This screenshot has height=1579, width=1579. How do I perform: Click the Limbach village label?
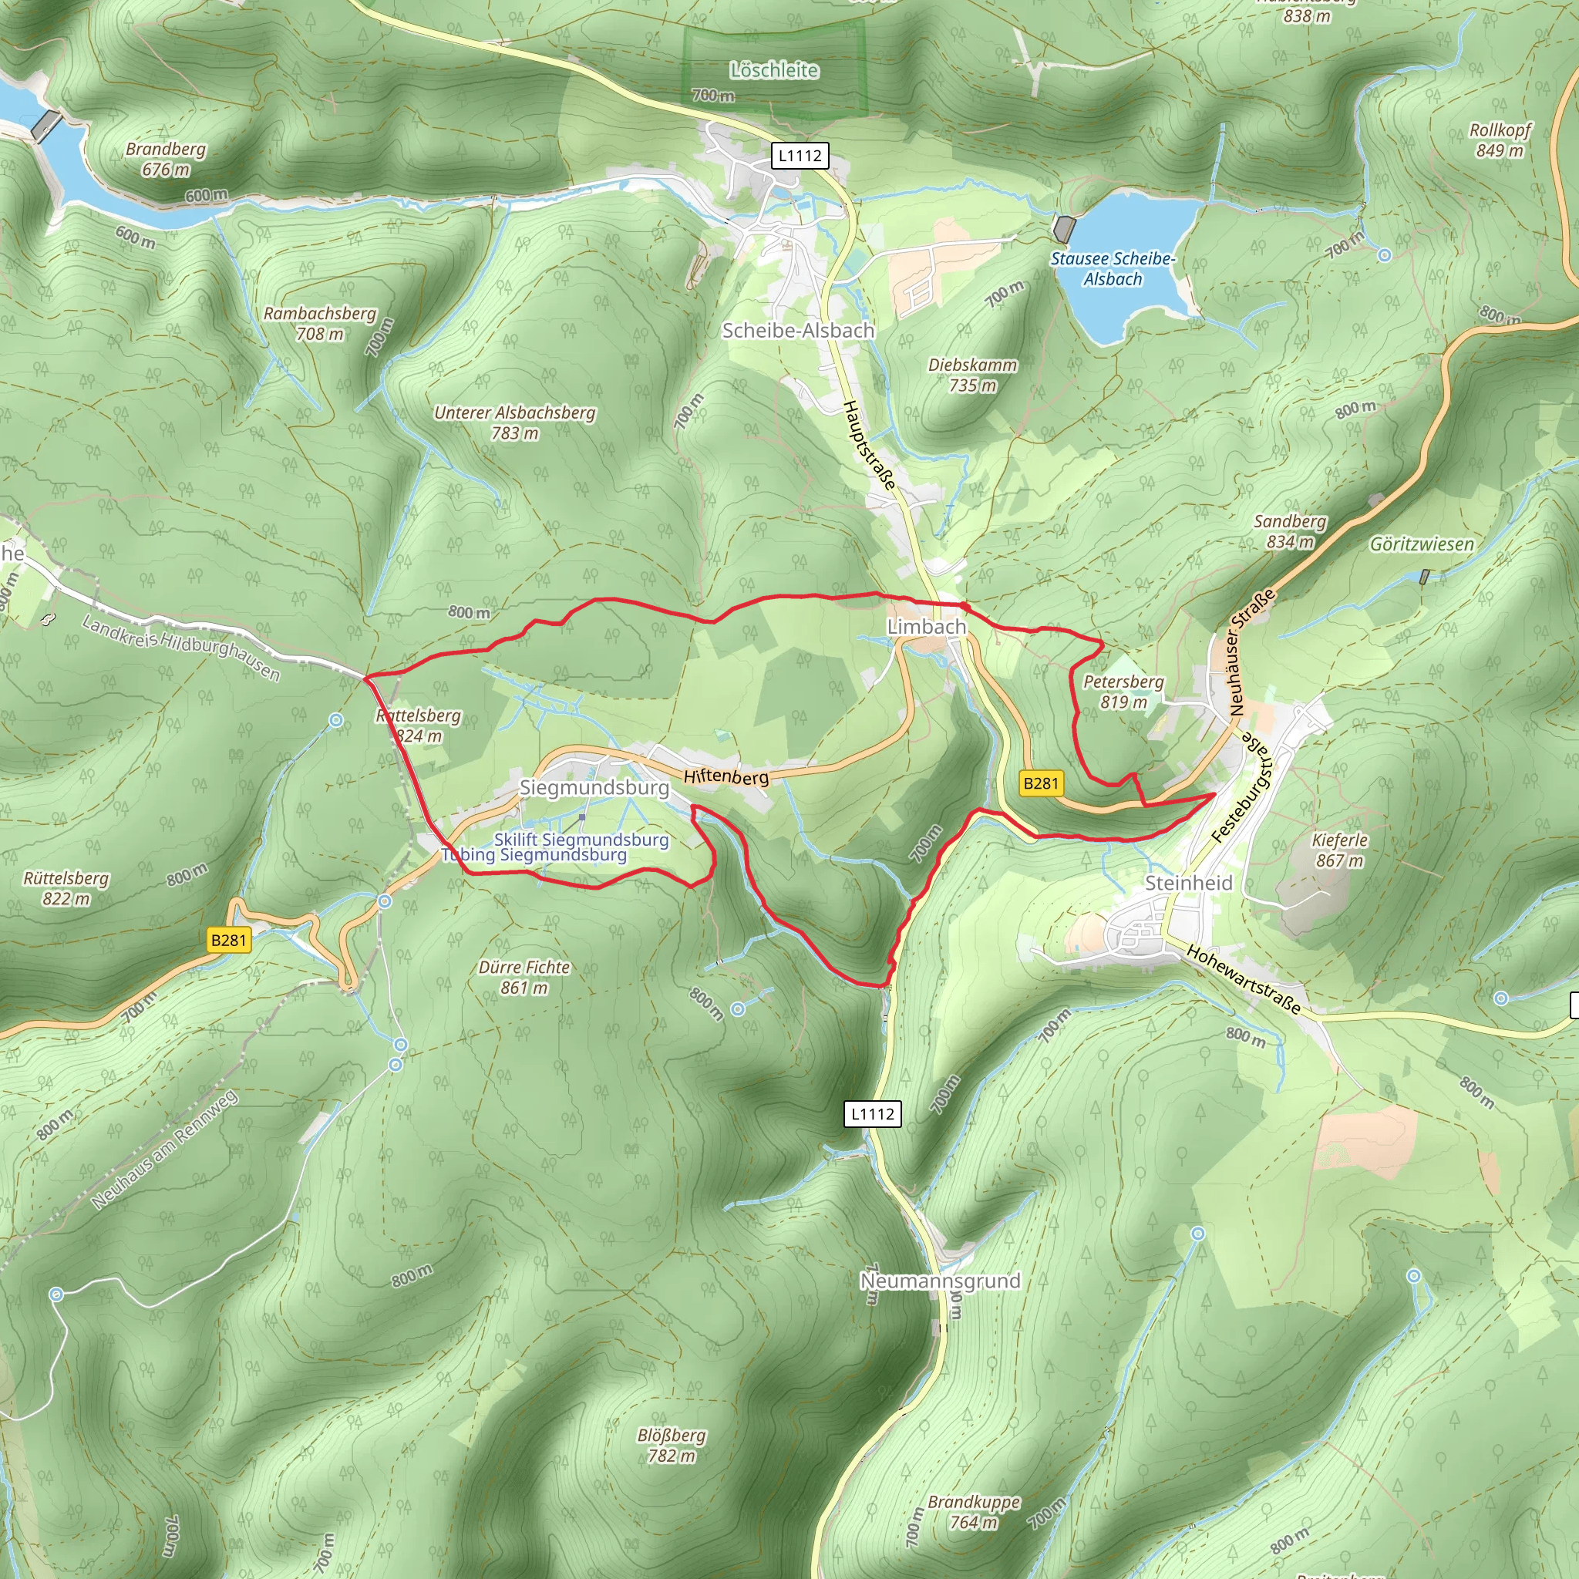point(926,627)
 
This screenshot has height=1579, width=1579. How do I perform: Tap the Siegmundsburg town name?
point(594,787)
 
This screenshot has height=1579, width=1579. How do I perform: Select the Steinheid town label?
point(1188,883)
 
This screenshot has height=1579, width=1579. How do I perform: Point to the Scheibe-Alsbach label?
point(798,330)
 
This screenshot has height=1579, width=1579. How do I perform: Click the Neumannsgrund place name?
point(940,1281)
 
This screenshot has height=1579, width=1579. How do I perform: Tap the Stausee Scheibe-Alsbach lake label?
point(1113,269)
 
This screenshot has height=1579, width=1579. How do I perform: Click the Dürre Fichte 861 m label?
point(524,978)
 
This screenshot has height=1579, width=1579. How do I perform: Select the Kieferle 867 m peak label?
point(1339,850)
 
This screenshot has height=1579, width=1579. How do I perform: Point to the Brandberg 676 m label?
point(165,160)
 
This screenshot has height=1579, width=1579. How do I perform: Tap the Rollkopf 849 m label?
point(1500,140)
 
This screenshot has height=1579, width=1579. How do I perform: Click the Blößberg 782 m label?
point(671,1446)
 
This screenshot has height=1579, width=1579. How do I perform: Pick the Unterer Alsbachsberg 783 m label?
point(514,423)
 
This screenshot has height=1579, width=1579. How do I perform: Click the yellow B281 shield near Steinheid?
point(1040,783)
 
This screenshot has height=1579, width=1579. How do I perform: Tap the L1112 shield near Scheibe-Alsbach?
point(800,155)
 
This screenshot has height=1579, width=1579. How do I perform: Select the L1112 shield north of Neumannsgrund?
point(872,1114)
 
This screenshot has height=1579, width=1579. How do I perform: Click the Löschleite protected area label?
point(774,70)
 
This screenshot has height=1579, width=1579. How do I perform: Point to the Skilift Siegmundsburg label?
point(581,840)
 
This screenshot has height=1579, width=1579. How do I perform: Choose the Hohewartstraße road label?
point(1243,978)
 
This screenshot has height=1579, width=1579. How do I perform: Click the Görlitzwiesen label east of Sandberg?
point(1421,544)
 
